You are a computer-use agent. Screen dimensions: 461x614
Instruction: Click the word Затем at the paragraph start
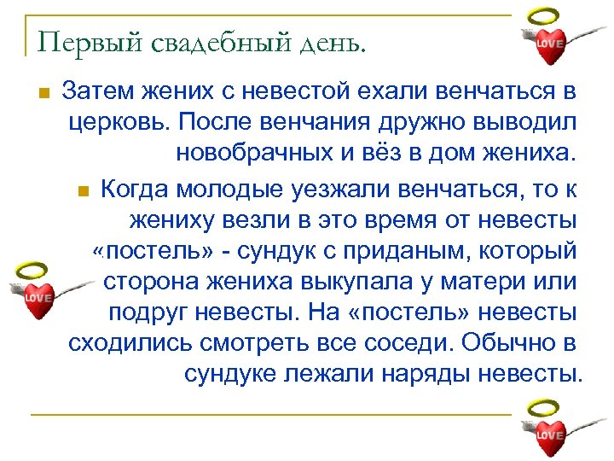(95, 90)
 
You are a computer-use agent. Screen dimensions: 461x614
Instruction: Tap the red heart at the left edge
(38, 299)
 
